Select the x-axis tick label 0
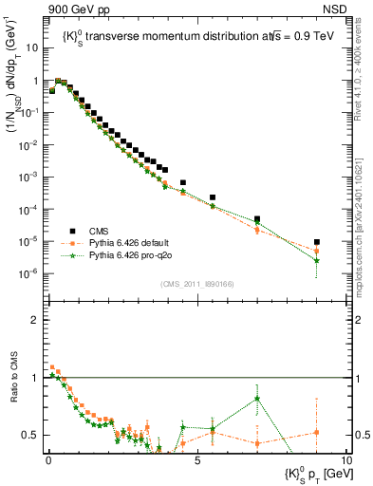(x=47, y=459)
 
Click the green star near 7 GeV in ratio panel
(x=256, y=399)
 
